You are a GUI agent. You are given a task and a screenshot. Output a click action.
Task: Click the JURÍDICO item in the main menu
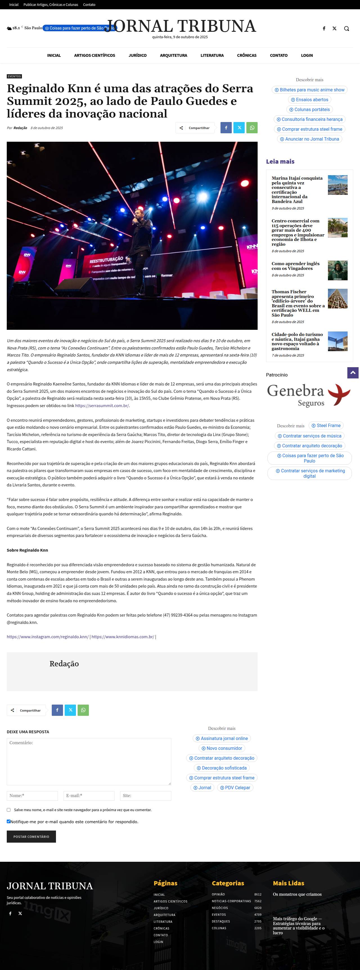(x=138, y=55)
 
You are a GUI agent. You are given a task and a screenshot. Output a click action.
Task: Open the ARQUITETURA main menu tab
(x=173, y=55)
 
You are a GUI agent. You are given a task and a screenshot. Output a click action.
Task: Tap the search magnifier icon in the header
(x=346, y=29)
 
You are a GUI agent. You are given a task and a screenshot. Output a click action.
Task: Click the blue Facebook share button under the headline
(x=226, y=128)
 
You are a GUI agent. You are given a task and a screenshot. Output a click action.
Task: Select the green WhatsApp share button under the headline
(x=252, y=128)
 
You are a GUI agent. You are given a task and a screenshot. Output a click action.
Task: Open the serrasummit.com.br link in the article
(x=102, y=405)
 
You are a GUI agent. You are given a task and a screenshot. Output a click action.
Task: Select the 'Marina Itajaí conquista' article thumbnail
(x=337, y=185)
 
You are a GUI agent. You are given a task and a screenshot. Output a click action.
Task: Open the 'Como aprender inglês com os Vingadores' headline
(x=296, y=266)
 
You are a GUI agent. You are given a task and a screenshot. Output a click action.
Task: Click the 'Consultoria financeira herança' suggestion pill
(x=310, y=119)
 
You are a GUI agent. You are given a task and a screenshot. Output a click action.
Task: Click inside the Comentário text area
(x=89, y=761)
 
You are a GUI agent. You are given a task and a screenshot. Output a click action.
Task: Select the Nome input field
(x=32, y=796)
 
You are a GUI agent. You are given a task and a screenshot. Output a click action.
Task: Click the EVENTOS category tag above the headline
(x=14, y=76)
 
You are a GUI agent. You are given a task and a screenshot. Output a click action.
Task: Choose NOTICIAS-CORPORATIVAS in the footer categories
(x=231, y=901)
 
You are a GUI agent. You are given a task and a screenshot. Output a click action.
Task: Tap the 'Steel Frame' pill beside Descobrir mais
(x=326, y=425)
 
